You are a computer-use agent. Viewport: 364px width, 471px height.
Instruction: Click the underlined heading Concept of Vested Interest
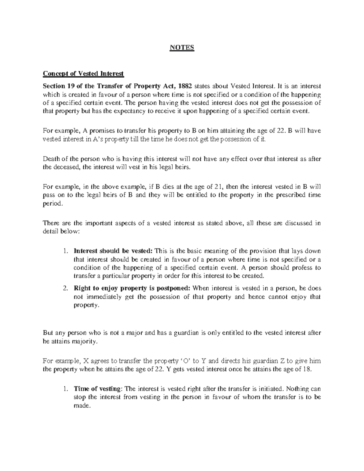tap(83, 74)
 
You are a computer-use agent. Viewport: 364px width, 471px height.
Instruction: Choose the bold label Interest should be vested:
tap(113, 251)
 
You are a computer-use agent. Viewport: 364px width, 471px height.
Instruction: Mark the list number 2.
tap(65, 288)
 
